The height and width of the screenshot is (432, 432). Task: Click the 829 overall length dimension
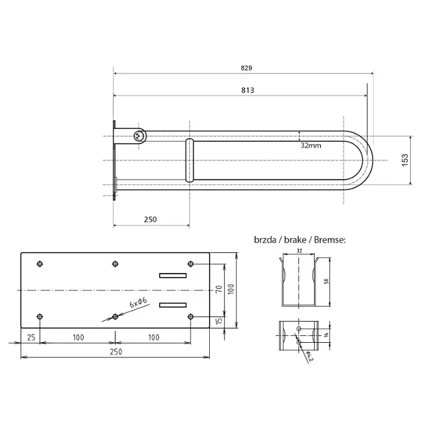246,68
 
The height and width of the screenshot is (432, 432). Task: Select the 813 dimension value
248,90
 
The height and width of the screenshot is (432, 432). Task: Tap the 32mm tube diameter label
311,145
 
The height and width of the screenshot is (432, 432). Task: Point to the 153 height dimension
405,160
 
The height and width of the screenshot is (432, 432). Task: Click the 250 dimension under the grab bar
150,219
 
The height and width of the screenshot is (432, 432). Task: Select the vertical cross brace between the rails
189,160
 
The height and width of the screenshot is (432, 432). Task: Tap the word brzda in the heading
265,240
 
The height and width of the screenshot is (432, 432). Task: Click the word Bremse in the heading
330,240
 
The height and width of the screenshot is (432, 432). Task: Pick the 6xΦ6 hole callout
139,302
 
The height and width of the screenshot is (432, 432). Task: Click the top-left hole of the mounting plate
40,264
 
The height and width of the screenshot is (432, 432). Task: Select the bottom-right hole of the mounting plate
191,316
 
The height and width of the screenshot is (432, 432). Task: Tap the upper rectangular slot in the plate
173,276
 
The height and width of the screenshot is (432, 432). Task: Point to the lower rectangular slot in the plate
173,305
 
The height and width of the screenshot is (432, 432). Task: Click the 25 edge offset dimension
31,337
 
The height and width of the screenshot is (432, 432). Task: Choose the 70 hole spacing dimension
219,289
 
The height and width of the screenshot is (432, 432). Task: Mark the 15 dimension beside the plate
219,321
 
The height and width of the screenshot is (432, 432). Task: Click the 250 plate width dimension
116,352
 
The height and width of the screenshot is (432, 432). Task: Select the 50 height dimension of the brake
326,281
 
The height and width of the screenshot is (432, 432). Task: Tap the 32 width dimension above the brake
299,251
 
